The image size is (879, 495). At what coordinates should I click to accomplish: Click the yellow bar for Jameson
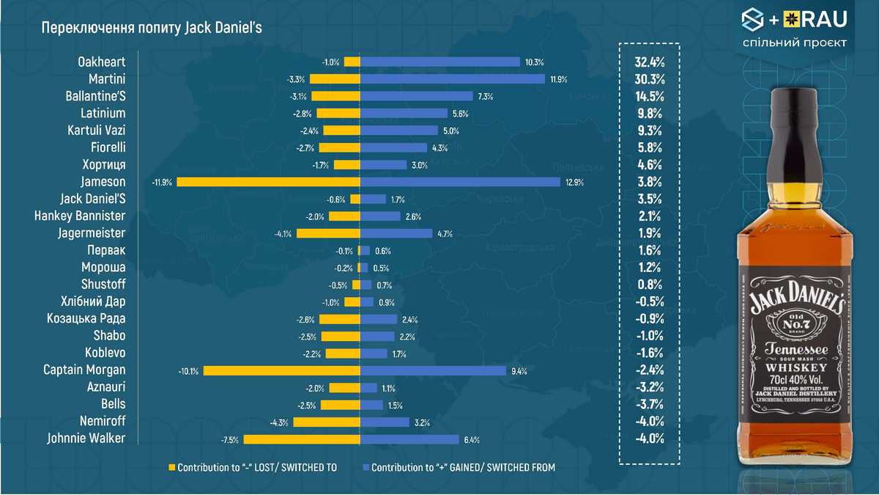coord(268,182)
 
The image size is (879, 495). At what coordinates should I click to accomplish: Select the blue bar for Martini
coord(453,79)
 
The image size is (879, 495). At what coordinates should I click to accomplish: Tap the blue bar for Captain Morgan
coord(433,370)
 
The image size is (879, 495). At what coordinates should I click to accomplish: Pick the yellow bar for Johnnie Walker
coord(302,439)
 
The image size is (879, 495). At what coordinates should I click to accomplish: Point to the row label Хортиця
coord(103,164)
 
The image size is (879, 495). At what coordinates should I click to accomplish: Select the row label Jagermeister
coord(92,233)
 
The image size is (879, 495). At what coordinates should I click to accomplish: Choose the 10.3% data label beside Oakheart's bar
coord(534,62)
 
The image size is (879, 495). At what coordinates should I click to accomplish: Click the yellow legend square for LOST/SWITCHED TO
coord(173,467)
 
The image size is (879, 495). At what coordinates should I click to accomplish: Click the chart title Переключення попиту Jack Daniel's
coord(152,28)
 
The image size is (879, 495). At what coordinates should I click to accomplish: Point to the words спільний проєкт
coord(794,43)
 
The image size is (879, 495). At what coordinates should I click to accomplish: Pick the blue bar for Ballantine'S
coord(417,96)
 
